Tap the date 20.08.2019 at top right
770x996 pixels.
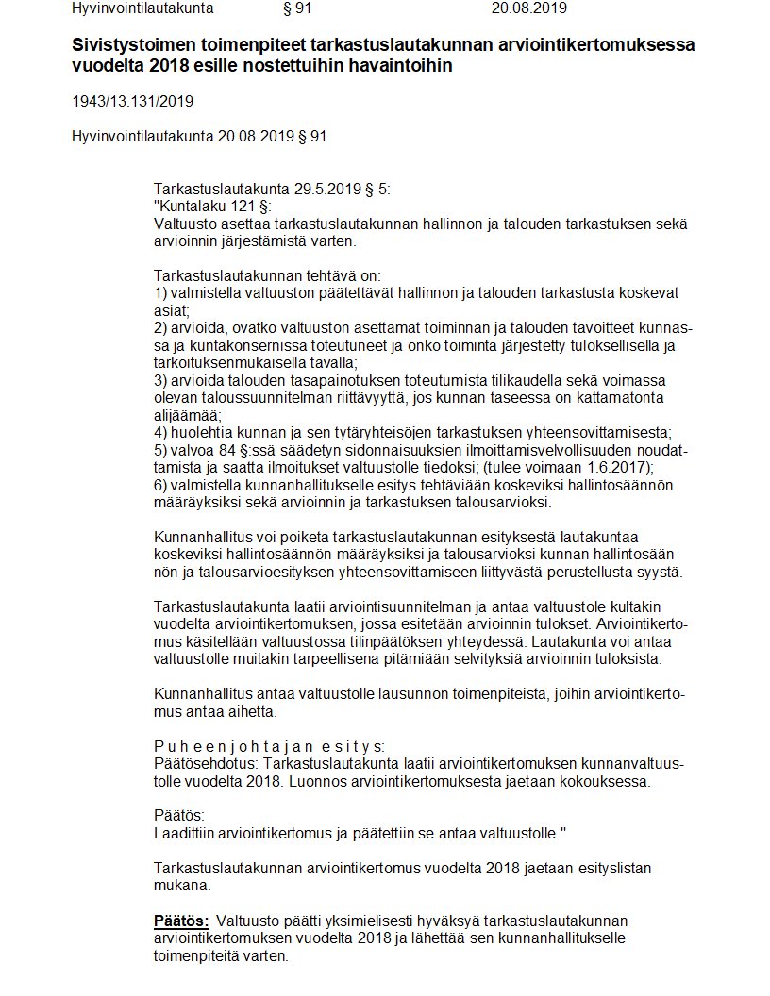coord(529,9)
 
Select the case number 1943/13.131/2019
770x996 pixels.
coord(133,102)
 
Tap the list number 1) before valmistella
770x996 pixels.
coord(160,292)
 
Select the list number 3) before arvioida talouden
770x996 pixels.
coord(160,380)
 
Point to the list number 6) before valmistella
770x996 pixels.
coord(160,483)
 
